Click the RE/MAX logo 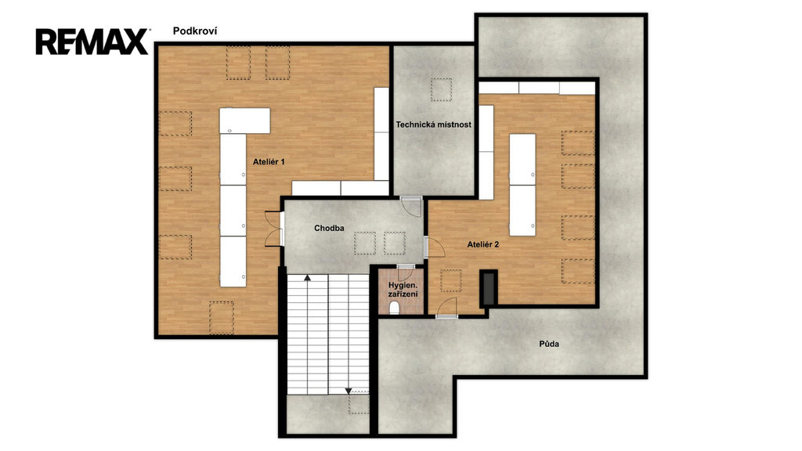click(x=92, y=41)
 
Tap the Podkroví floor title click(x=195, y=31)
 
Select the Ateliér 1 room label click(x=269, y=161)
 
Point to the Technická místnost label click(x=434, y=124)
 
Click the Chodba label click(x=329, y=228)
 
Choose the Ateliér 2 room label click(x=482, y=244)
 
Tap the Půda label click(x=549, y=344)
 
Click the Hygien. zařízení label click(x=403, y=290)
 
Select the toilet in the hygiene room click(x=395, y=307)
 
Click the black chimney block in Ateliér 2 click(x=489, y=288)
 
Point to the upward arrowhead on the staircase click(x=307, y=278)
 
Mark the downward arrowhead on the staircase click(x=349, y=391)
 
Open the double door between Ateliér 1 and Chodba click(x=275, y=229)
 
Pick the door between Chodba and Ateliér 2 click(x=434, y=247)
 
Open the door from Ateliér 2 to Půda click(x=446, y=308)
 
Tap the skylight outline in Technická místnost click(x=441, y=90)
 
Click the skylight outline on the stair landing click(x=359, y=403)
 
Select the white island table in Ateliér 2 click(x=522, y=185)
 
